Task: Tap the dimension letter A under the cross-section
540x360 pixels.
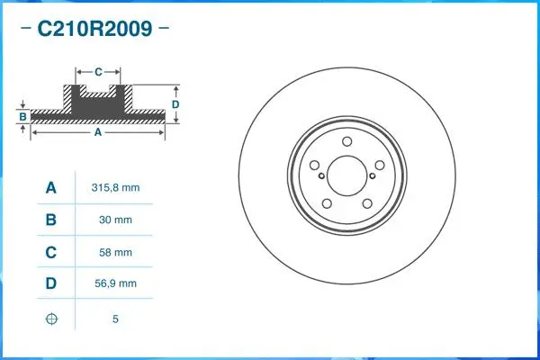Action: (98, 131)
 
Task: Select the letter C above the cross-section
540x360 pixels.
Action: (98, 70)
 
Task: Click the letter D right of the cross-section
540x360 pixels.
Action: (176, 103)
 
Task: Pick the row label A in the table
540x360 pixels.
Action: (51, 188)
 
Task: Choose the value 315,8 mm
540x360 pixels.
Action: (116, 188)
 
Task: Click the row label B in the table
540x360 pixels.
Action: (51, 220)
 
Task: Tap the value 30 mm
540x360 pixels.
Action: (116, 220)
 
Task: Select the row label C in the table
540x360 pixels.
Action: (51, 252)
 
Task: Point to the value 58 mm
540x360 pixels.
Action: (116, 252)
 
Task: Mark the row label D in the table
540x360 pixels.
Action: (51, 283)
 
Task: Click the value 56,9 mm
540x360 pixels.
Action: (116, 283)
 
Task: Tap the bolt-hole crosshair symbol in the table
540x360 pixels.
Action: (51, 319)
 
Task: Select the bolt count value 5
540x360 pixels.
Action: (116, 319)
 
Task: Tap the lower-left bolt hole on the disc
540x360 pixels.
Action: (326, 202)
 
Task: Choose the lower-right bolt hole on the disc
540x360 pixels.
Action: (366, 202)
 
